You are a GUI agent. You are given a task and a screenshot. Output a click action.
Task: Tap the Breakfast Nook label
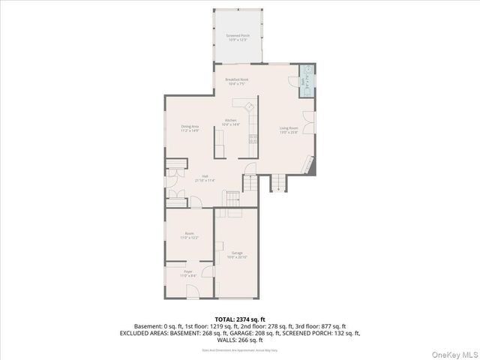(x=237, y=81)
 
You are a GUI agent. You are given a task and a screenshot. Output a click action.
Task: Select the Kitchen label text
(x=231, y=122)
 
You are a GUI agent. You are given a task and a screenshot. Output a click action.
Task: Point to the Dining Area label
(x=190, y=128)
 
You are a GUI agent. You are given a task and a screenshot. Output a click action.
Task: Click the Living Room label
(x=289, y=130)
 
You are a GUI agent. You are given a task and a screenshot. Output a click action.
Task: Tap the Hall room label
(x=205, y=178)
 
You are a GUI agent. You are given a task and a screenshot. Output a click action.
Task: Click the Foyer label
(x=188, y=274)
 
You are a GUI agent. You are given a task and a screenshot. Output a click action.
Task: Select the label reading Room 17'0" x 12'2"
(x=190, y=235)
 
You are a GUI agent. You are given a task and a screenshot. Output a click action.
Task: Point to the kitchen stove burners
(x=253, y=137)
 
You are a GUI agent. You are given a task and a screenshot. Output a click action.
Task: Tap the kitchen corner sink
(x=250, y=106)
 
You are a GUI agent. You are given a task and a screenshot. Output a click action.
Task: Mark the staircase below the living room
(x=278, y=182)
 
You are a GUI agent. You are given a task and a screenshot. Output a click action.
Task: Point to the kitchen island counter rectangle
(x=220, y=142)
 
